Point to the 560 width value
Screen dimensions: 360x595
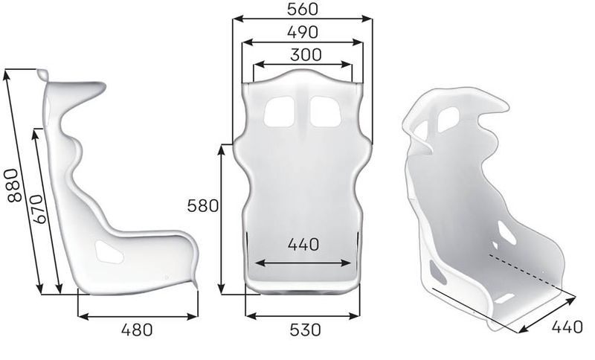tap(301, 10)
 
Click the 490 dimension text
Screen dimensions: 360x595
tap(301, 32)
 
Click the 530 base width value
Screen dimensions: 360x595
tap(303, 330)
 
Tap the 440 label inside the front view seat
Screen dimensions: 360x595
tap(303, 243)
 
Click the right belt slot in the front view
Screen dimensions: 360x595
tap(325, 110)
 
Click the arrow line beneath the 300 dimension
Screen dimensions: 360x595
tap(302, 65)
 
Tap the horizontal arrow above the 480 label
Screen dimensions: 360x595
tap(138, 316)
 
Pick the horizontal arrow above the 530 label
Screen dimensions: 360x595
tap(303, 316)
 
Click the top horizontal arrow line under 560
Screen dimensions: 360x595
tap(301, 21)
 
